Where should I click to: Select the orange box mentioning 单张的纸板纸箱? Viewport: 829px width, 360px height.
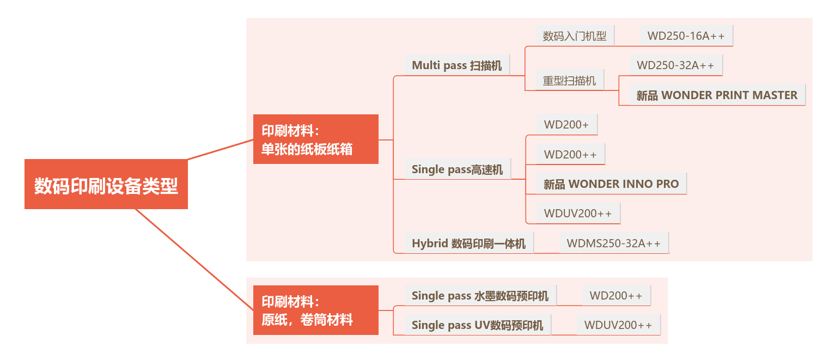(x=315, y=139)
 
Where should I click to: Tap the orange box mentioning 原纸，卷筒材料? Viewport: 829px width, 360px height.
(x=315, y=310)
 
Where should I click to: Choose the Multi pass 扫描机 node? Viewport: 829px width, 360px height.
(x=456, y=65)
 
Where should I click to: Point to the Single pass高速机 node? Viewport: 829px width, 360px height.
(x=457, y=169)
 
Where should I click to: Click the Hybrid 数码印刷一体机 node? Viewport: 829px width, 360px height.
(x=468, y=243)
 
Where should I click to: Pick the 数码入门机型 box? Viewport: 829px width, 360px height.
(x=575, y=36)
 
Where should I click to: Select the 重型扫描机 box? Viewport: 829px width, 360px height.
(x=569, y=81)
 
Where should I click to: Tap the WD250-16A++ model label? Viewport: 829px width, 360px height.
(x=686, y=36)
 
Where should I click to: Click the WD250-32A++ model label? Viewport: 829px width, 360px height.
(x=675, y=65)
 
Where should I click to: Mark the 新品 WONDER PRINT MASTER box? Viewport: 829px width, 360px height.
(x=717, y=95)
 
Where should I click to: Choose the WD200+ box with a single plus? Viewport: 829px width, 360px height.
(x=566, y=125)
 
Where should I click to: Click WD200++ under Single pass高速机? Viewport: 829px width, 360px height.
(x=570, y=154)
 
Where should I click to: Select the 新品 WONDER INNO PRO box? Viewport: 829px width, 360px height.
(x=611, y=184)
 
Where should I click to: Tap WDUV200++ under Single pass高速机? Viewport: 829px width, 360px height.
(x=578, y=213)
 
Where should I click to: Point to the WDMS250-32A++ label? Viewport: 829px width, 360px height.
(x=613, y=243)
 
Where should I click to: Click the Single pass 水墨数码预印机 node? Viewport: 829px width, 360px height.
(x=480, y=296)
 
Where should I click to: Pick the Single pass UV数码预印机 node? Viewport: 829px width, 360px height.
(x=477, y=325)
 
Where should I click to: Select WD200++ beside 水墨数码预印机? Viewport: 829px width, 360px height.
(x=616, y=296)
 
